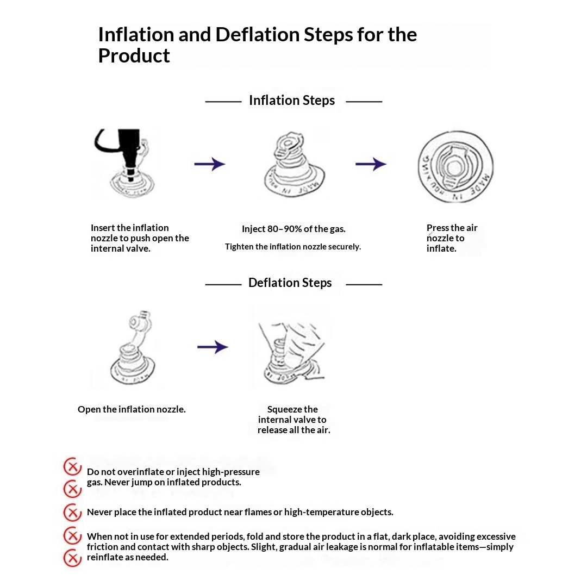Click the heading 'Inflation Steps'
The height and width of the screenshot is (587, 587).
point(292,101)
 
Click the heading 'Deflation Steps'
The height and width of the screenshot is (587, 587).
point(290,283)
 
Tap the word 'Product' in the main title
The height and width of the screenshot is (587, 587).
point(134,56)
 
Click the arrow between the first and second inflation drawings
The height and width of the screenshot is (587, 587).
point(210,164)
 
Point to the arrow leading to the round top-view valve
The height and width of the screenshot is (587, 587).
point(371,164)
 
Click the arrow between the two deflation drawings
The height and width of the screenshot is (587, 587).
point(213,347)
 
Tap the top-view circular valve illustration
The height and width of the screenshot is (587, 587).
point(455,167)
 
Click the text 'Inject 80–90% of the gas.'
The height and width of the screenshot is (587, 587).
point(293,229)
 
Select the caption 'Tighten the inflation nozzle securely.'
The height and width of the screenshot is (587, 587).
point(293,247)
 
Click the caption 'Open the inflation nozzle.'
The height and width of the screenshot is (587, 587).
point(132,409)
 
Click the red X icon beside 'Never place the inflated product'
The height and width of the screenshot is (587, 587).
point(73,513)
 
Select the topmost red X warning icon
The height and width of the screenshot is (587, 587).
point(73,466)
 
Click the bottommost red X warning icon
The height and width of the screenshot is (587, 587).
point(73,558)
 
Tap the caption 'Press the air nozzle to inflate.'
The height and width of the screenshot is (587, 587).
point(452,238)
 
